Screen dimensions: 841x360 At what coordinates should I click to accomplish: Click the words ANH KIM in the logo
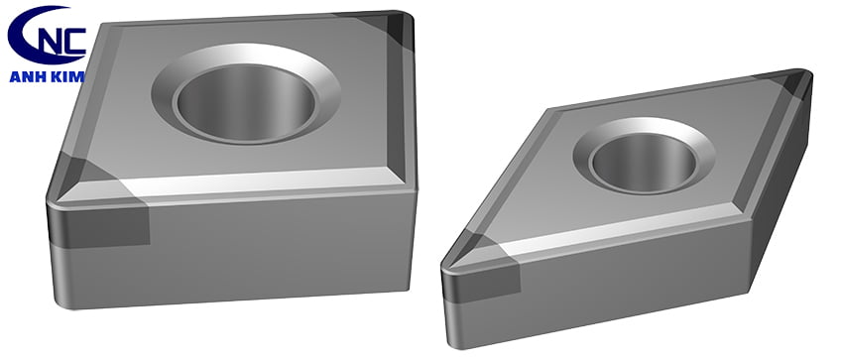47,76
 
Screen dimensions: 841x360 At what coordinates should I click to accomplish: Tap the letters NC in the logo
64,41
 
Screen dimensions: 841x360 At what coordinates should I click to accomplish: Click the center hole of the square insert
246,101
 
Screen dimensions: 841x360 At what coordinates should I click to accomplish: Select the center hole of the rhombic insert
643,162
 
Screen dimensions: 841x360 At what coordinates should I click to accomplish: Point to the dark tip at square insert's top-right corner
399,30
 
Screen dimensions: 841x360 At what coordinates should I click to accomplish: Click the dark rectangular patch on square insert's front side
100,226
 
